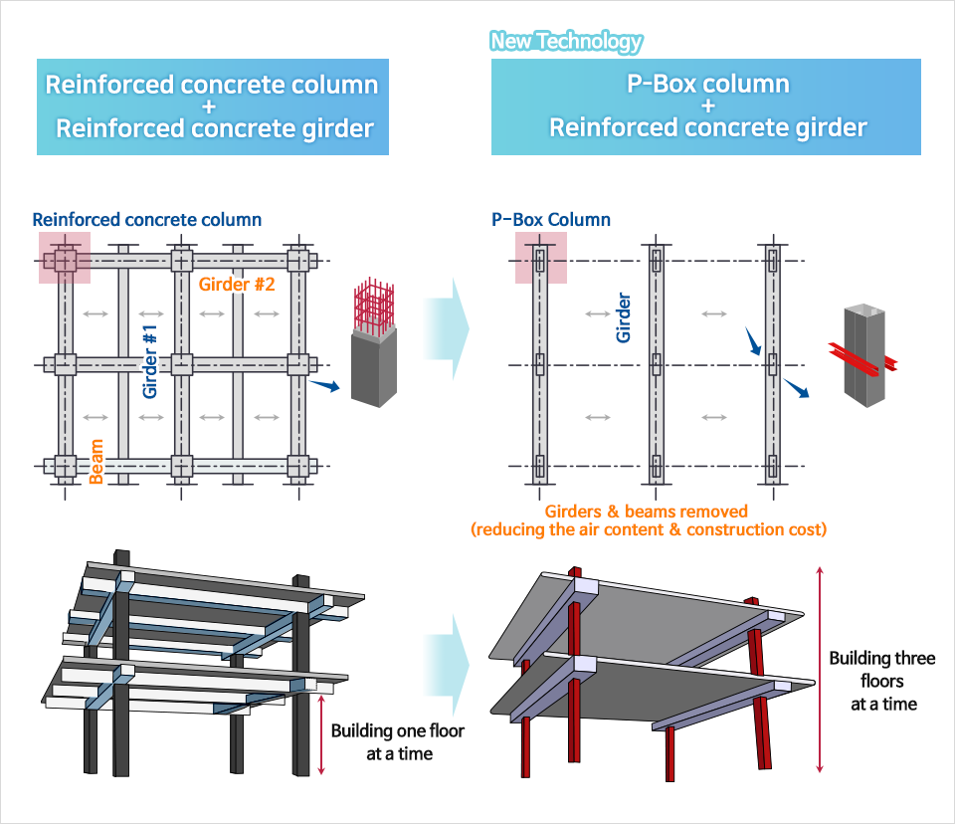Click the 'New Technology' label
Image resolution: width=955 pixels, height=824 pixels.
[566, 42]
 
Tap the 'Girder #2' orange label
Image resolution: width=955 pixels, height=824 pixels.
[237, 285]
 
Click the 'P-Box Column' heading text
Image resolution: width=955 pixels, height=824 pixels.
[551, 220]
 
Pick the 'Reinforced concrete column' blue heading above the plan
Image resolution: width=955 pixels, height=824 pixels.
[147, 220]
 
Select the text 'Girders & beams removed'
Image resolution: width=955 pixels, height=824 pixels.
[647, 512]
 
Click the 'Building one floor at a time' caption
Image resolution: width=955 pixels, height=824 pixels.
[397, 742]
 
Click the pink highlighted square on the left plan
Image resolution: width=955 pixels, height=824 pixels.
[65, 258]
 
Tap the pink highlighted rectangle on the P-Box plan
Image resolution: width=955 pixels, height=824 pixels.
[540, 258]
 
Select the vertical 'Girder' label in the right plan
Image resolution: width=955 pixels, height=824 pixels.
[624, 317]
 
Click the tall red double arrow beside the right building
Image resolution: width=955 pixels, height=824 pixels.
[819, 668]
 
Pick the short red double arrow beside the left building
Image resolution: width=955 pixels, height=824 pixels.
[321, 735]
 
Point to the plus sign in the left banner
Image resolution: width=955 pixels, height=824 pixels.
[213, 106]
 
